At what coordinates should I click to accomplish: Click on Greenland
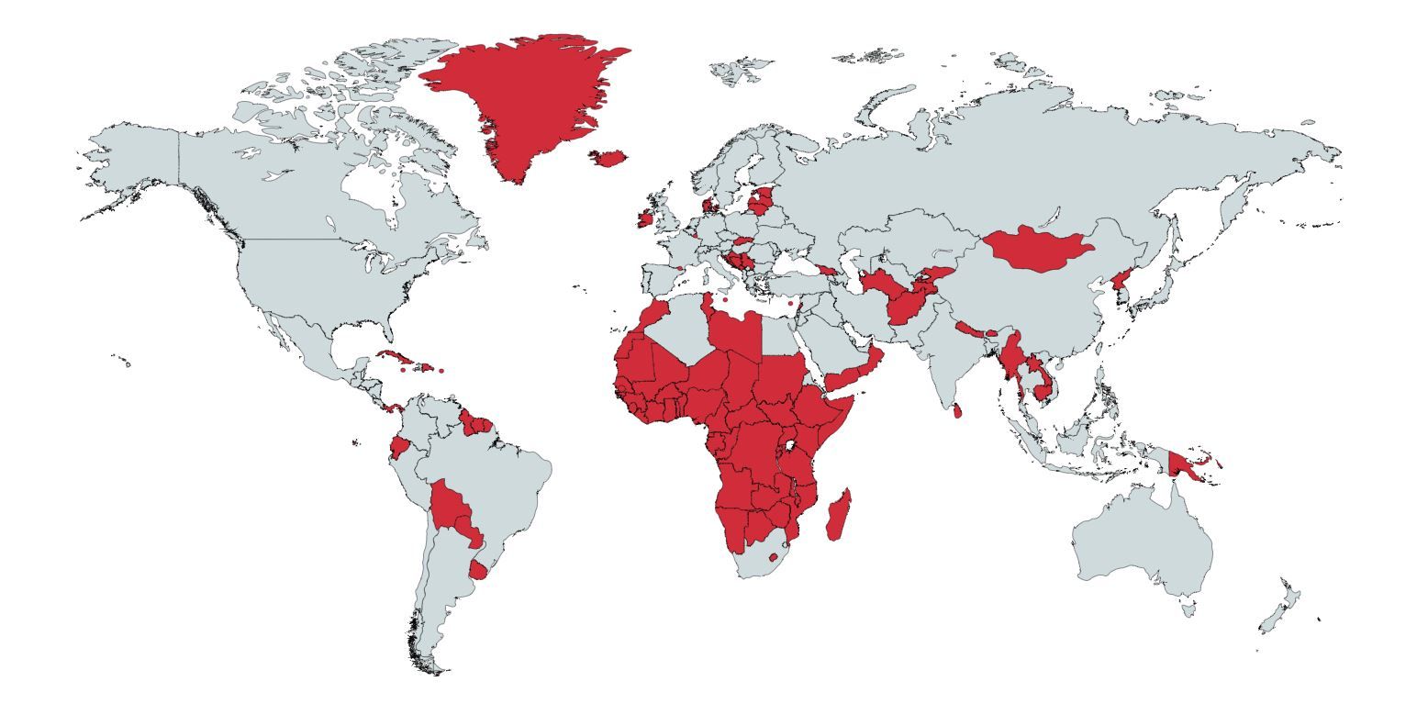point(523,101)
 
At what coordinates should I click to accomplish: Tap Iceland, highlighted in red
point(608,158)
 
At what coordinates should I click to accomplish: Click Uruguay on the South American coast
point(478,571)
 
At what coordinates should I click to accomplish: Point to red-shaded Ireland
point(645,219)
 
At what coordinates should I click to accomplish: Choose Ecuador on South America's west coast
point(398,448)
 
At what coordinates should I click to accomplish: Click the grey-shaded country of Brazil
point(496,477)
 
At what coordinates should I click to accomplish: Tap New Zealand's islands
point(1280,610)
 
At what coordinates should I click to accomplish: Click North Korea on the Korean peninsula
point(1121,280)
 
